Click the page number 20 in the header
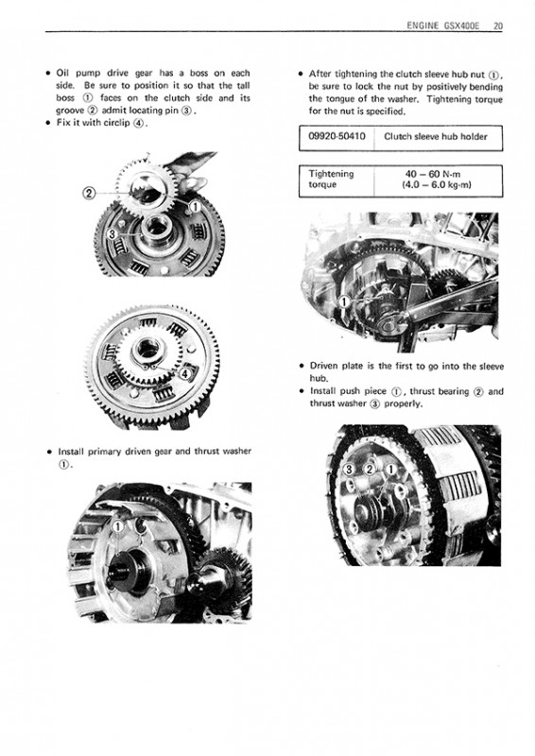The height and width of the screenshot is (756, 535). [498, 26]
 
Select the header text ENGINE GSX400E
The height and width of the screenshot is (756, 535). [443, 26]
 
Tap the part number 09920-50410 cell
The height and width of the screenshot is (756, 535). [337, 136]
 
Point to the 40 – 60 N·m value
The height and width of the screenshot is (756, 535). [433, 174]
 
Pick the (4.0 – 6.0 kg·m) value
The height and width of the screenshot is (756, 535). [436, 184]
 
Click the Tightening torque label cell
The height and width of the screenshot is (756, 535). [331, 179]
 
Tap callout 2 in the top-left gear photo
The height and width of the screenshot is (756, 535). [89, 194]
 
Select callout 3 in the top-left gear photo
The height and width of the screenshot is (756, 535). [112, 234]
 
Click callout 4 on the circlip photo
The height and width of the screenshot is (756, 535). [185, 373]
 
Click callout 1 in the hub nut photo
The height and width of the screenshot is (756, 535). [345, 302]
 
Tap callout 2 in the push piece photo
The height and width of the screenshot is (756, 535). [370, 470]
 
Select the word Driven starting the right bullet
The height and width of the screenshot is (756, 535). [324, 366]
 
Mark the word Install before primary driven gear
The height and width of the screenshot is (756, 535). [71, 452]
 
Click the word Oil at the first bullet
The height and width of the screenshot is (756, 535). [63, 74]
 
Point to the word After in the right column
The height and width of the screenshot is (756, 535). [319, 74]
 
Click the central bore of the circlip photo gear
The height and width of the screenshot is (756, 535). [147, 348]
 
